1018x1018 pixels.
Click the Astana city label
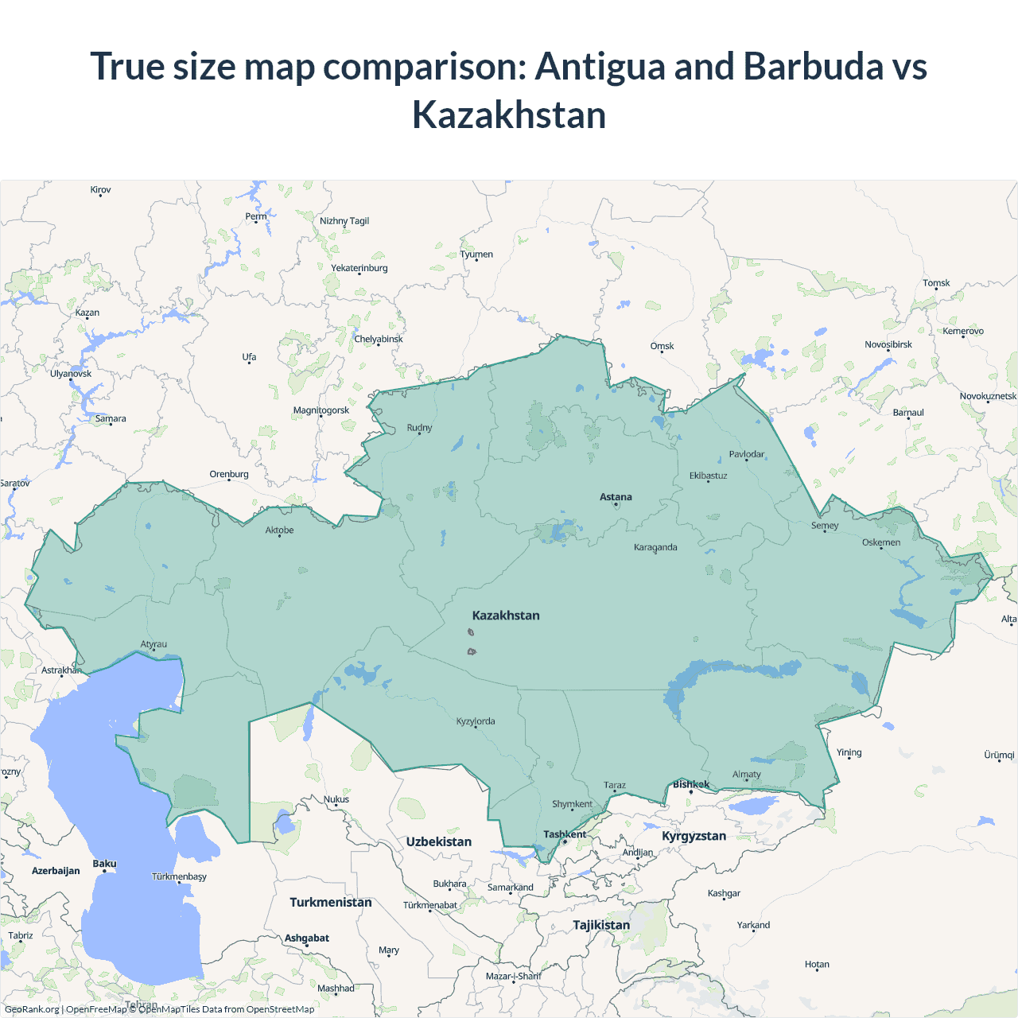click(616, 497)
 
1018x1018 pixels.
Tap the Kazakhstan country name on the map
click(506, 616)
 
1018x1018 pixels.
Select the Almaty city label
click(746, 775)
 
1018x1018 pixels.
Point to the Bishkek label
click(690, 784)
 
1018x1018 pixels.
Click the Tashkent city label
click(565, 834)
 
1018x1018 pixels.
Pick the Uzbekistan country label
click(439, 841)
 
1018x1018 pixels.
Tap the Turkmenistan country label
click(331, 902)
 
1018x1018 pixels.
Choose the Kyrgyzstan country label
click(694, 836)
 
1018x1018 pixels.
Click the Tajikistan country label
click(601, 925)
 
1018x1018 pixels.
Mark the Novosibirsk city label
click(888, 344)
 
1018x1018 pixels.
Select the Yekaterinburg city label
click(359, 268)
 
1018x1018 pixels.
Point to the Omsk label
click(662, 346)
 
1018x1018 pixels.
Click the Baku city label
click(104, 864)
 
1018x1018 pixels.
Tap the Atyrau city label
click(153, 644)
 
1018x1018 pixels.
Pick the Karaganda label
click(655, 547)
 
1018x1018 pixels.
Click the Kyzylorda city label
click(476, 721)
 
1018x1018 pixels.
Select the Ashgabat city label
click(307, 938)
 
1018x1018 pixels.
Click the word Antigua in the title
click(600, 66)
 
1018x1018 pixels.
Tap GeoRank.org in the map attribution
click(32, 1009)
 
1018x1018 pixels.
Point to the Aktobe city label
click(279, 530)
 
